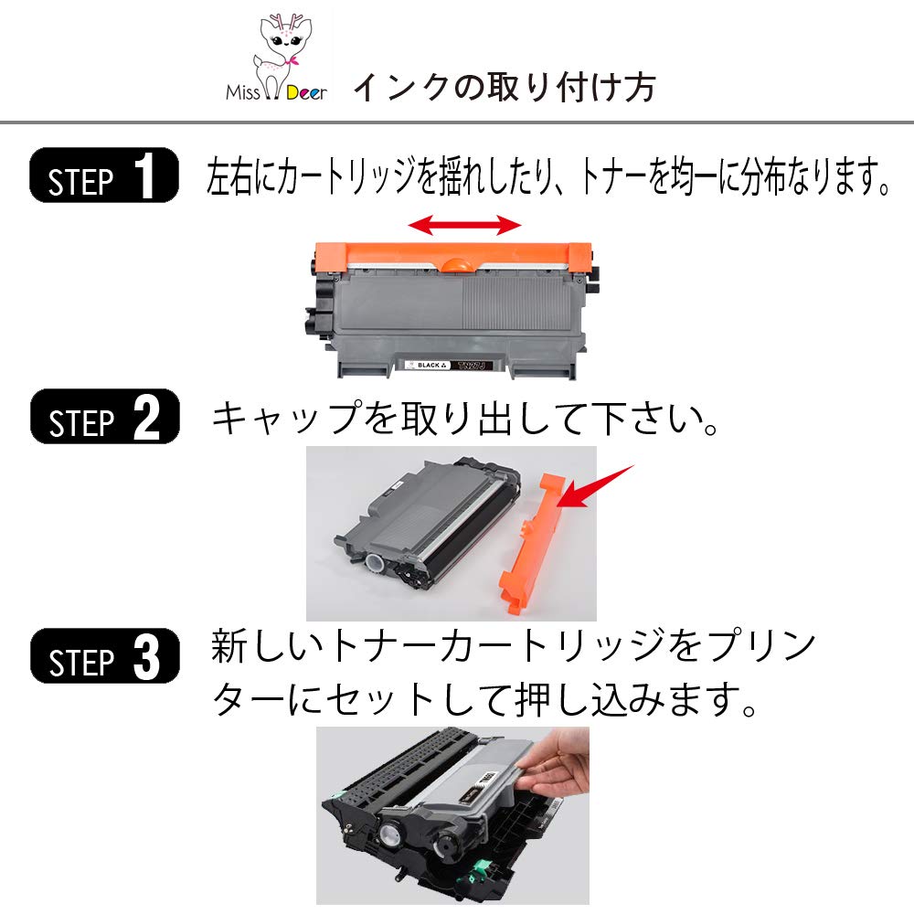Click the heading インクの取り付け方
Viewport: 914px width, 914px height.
(504, 88)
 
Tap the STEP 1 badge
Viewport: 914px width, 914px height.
(103, 175)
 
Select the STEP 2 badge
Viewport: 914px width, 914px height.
(103, 419)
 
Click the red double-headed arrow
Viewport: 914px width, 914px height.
(463, 225)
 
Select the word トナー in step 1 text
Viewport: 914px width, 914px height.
(609, 176)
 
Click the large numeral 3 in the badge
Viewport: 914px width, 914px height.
(146, 657)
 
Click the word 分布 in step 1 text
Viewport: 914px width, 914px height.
(749, 176)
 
